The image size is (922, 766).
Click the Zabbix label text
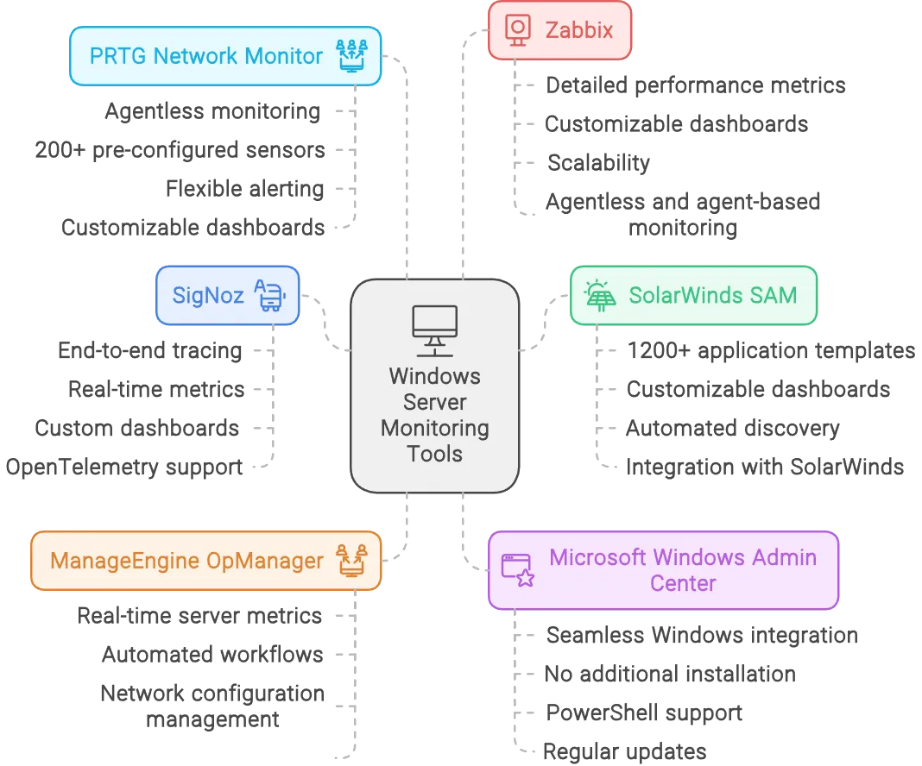coord(579,31)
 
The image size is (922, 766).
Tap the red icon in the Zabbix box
coord(518,31)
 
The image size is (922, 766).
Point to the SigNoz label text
coord(208,295)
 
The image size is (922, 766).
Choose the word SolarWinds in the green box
coord(681,295)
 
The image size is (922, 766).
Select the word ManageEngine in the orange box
coord(118,561)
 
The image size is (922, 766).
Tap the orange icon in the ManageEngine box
coord(351,560)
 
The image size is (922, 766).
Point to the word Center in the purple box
coord(683,583)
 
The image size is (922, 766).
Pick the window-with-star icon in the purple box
coord(518,570)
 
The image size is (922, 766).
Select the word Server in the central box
coord(434,402)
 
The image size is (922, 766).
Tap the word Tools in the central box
coord(434,454)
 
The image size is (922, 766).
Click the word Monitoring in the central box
coord(434,428)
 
